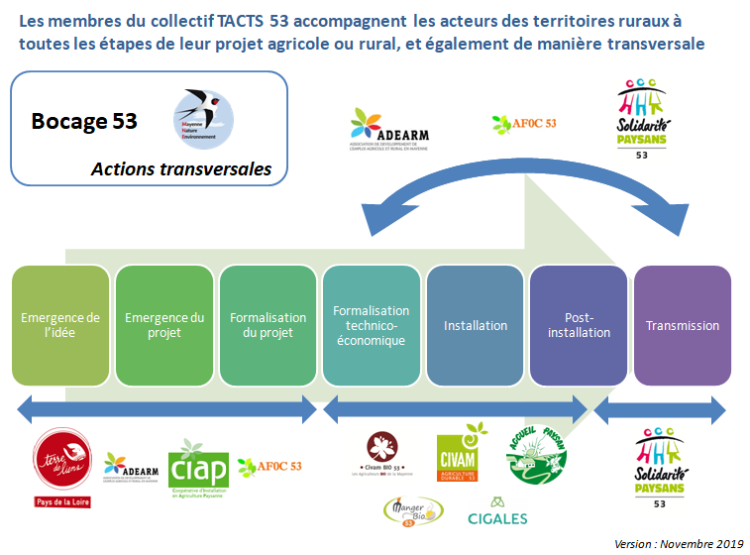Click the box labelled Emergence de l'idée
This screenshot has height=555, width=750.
60,325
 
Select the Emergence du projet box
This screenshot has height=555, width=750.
164,325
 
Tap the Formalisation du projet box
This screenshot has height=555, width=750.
268,325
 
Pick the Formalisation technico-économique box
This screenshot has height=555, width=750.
372,325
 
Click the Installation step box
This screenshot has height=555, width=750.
476,325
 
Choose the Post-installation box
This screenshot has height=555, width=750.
580,325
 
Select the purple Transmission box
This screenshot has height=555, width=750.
683,325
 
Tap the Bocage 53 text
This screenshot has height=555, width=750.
84,122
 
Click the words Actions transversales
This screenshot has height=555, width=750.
180,169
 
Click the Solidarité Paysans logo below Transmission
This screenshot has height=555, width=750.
660,465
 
